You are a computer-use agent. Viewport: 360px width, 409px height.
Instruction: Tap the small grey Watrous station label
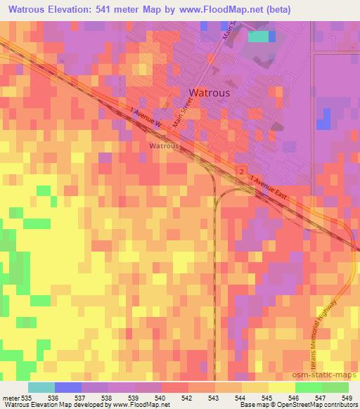164,146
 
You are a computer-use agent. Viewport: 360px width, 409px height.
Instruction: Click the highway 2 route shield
241,171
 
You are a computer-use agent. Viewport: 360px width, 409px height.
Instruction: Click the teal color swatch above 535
41,387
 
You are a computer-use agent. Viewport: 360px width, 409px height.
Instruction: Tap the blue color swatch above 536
68,387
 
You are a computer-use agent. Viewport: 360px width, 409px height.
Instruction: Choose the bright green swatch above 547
308,387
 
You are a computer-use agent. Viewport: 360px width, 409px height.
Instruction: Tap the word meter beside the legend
12,397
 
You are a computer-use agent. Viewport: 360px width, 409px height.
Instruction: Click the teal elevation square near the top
259,37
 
